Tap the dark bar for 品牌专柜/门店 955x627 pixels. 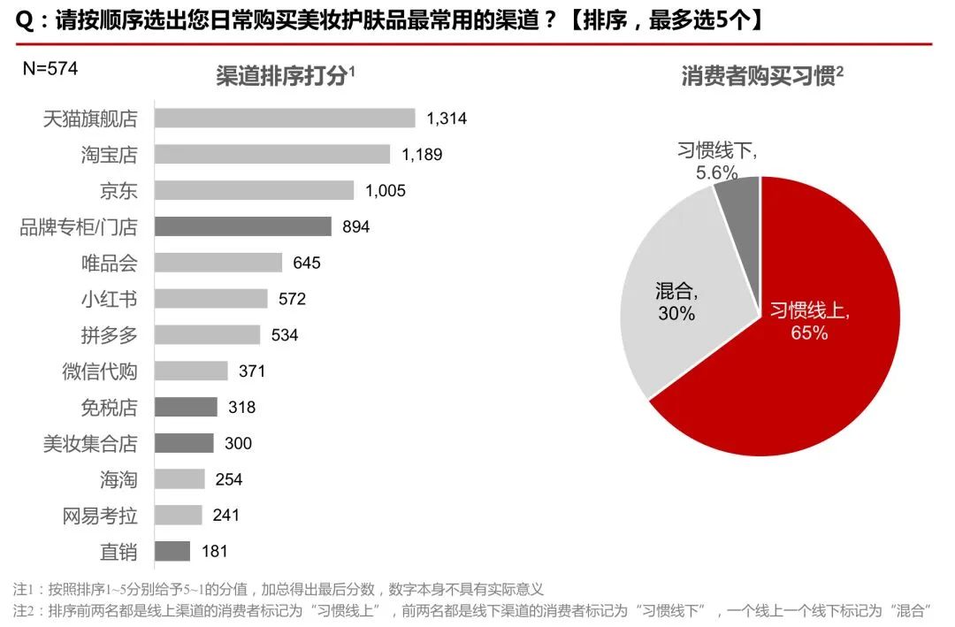[243, 226]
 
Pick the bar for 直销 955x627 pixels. [172, 551]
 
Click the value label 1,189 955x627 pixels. [422, 155]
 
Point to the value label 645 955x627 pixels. [307, 263]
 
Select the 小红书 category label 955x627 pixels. [109, 299]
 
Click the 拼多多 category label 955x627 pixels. [109, 335]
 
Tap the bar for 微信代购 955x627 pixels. [191, 371]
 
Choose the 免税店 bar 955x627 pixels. [186, 407]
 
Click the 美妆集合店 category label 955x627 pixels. [90, 443]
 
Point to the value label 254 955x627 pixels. [229, 479]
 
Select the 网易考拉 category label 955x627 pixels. [100, 516]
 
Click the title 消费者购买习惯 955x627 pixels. [759, 76]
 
